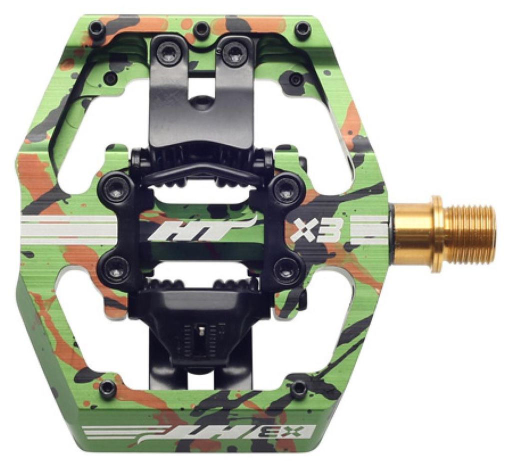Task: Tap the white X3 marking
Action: point(317,230)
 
